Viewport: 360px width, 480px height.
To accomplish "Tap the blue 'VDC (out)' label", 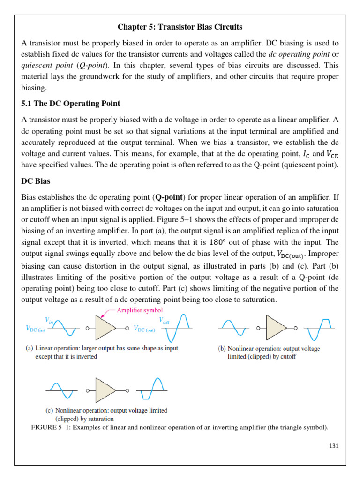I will pyautogui.click(x=144, y=329).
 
